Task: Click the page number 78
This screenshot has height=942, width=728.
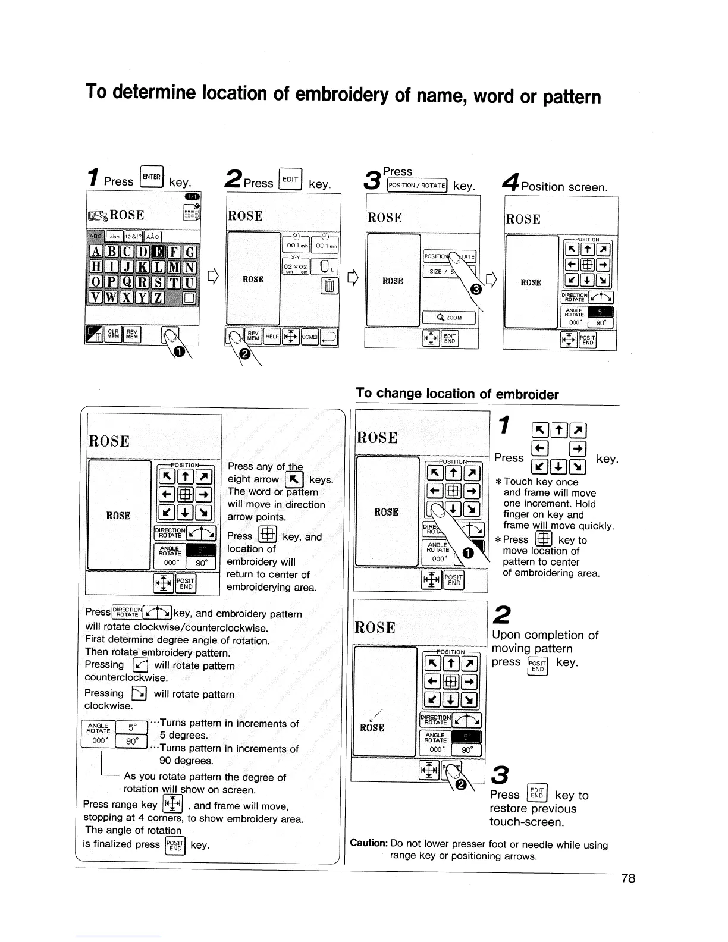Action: (628, 878)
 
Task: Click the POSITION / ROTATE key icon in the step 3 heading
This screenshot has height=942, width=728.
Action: (416, 186)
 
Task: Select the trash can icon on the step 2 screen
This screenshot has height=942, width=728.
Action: (328, 287)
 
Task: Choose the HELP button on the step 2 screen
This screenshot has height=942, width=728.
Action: (272, 337)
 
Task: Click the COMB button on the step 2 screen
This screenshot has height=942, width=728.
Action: (309, 337)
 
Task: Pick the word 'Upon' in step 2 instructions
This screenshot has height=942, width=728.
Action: (507, 635)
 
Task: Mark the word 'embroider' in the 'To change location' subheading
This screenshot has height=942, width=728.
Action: (527, 394)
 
